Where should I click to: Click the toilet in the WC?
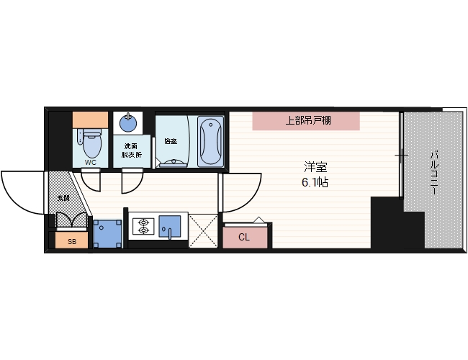click(x=91, y=143)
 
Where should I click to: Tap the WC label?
click(x=91, y=163)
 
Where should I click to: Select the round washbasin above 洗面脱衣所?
click(x=128, y=122)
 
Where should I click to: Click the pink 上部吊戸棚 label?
click(x=305, y=120)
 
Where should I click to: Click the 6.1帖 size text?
click(x=315, y=183)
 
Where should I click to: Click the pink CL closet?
click(x=245, y=236)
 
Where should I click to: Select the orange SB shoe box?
click(x=71, y=241)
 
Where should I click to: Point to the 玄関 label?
click(x=63, y=197)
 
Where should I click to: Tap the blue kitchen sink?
click(x=171, y=226)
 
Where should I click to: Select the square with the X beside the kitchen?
click(x=202, y=230)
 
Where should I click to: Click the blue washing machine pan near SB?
click(x=107, y=232)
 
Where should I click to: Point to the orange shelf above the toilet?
click(x=91, y=119)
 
